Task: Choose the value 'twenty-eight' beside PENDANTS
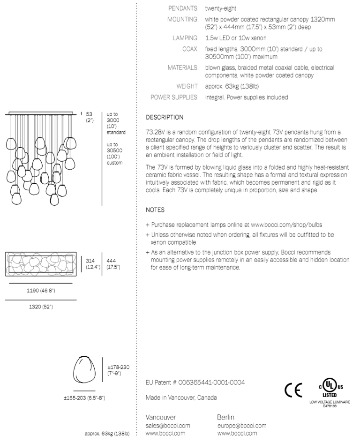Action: (x=223, y=8)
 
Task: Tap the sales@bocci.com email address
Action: (x=168, y=425)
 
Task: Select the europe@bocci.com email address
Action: (x=242, y=425)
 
